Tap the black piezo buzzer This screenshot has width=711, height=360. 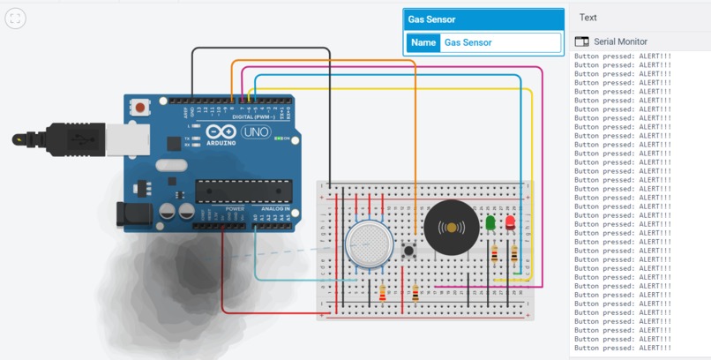point(452,228)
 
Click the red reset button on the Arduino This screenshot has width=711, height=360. point(140,108)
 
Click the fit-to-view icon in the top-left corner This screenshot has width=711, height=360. point(15,19)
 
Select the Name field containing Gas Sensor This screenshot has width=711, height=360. point(499,42)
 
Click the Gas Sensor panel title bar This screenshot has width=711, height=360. point(483,19)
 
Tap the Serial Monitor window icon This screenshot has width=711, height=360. point(581,41)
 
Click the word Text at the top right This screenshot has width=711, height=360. point(588,17)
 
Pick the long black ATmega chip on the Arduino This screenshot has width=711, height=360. point(243,189)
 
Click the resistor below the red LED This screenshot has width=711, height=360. point(513,255)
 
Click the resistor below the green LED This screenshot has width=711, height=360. point(493,255)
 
